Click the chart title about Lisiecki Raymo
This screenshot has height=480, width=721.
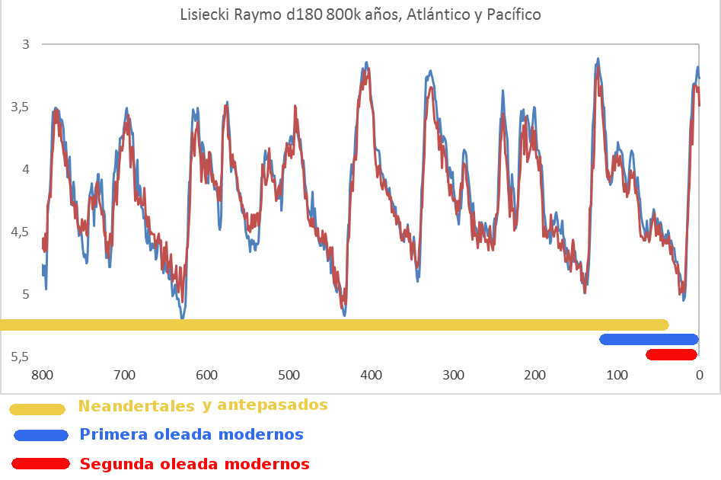tap(360, 14)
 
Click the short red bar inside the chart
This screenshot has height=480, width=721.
tap(671, 354)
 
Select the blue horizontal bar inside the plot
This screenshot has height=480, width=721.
tap(649, 339)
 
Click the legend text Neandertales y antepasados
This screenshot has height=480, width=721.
tap(203, 405)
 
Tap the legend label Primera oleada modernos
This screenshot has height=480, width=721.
tap(191, 435)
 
